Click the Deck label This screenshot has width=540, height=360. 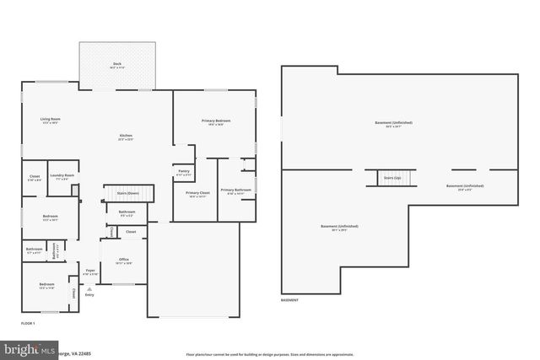117,65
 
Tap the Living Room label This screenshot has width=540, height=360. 50,121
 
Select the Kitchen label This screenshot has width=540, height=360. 125,137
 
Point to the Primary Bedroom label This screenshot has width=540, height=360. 215,122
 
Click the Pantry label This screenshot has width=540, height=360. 183,172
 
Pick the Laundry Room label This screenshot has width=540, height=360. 63,175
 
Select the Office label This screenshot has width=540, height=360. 123,260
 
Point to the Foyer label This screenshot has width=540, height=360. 89,271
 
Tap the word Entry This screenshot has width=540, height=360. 89,295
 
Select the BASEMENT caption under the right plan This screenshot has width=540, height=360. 289,301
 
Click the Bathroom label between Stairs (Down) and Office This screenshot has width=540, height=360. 127,213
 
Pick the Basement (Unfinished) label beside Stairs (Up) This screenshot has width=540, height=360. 464,186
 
